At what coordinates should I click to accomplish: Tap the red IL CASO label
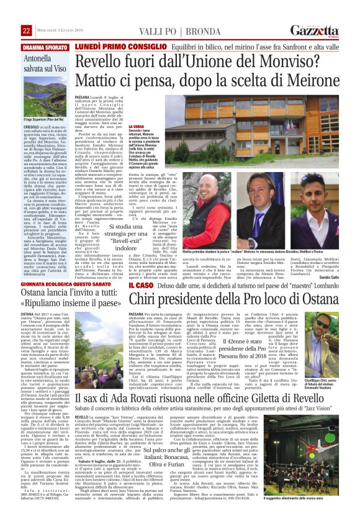(x=138, y=285)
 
